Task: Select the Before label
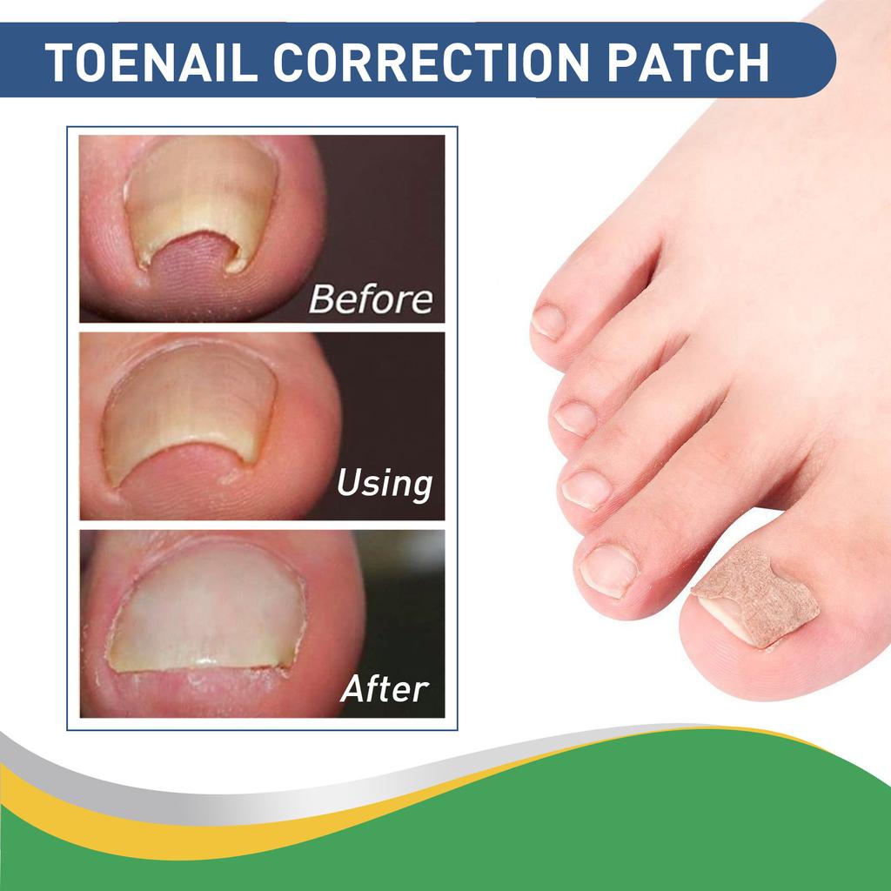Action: pos(371,299)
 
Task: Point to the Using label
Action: pos(384,483)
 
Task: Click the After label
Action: pos(384,688)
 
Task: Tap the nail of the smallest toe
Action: pos(549,321)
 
